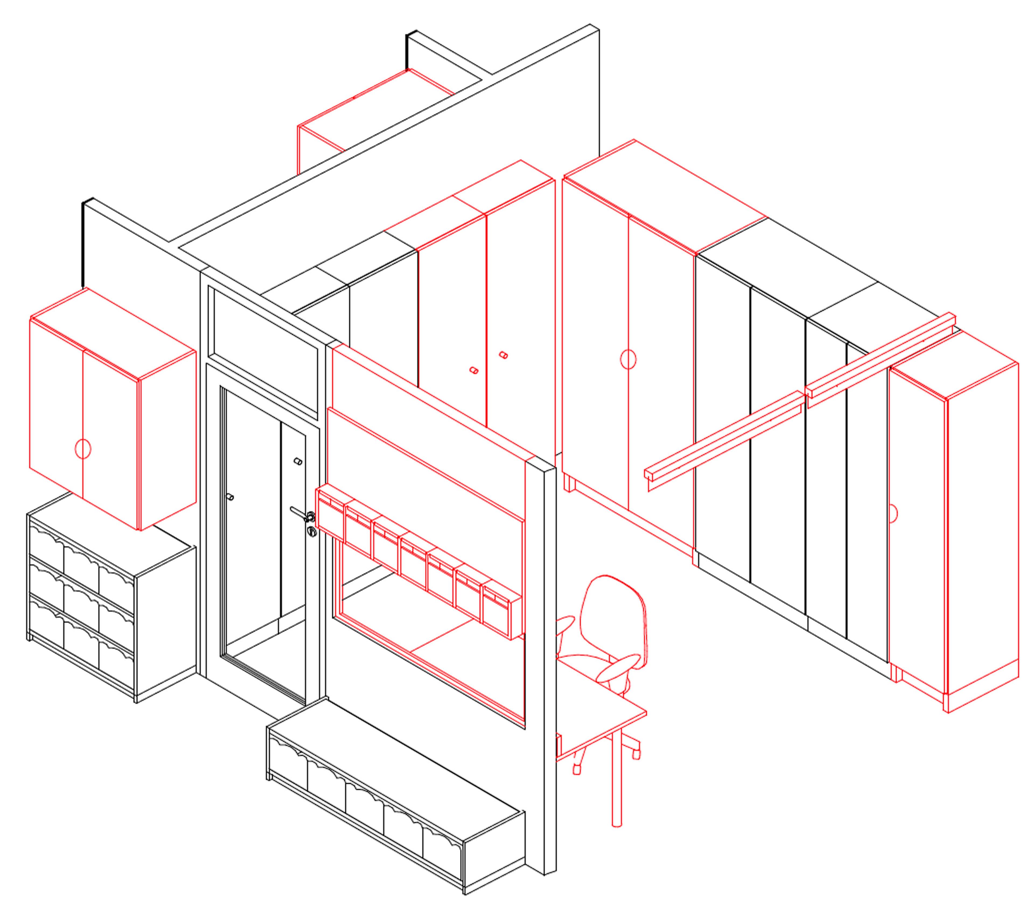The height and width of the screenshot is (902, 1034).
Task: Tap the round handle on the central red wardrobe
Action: (x=628, y=360)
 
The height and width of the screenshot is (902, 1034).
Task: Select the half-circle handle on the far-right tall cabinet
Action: (x=893, y=513)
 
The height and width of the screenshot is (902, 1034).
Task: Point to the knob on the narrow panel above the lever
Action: (x=298, y=461)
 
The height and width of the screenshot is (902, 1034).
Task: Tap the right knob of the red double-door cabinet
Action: (x=503, y=355)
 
